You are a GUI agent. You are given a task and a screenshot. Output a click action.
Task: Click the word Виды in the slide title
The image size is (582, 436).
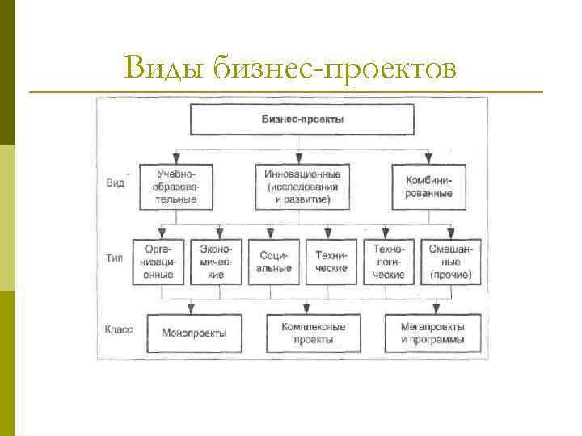click(166, 69)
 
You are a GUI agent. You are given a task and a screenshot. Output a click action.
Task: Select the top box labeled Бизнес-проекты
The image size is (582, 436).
click(302, 119)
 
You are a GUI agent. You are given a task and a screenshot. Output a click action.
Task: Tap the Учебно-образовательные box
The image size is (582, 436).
click(175, 186)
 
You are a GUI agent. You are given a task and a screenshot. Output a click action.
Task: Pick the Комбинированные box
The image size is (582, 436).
click(428, 186)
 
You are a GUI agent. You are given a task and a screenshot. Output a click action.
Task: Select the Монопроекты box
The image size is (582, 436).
click(194, 333)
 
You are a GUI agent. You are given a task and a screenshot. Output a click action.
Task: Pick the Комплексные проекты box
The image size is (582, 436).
click(314, 333)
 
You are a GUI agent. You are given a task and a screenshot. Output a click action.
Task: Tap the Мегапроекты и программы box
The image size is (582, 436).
click(432, 333)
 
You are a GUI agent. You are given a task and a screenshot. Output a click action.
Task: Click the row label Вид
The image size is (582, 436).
click(115, 183)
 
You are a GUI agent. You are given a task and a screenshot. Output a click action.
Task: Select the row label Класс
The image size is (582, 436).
click(119, 329)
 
